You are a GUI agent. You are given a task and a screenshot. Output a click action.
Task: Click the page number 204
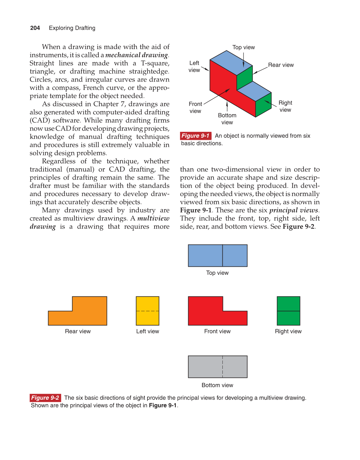pos(35,28)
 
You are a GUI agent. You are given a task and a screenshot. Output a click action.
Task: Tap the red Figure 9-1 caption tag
pos(196,136)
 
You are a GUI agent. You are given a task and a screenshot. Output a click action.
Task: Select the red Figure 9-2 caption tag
pos(45,398)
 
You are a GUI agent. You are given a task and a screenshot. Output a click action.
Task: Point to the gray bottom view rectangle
pos(217,367)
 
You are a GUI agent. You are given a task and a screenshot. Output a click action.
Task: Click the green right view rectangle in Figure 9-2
pos(288,311)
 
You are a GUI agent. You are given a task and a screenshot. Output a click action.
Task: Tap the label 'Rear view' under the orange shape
pos(78,331)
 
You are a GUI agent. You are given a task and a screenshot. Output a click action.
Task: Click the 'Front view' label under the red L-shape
pos(217,331)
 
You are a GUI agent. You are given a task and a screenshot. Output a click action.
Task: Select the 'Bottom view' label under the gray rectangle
pos(217,385)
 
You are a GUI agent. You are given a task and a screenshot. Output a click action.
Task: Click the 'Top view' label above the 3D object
pos(243,47)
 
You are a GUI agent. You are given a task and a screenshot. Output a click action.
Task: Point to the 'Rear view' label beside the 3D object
pos(281,65)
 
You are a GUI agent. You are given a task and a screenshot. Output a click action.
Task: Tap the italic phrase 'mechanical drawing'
pos(136,55)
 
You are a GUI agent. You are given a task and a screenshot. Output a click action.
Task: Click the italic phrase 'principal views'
pos(293,210)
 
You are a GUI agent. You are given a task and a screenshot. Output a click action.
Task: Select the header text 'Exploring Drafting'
pos(72,28)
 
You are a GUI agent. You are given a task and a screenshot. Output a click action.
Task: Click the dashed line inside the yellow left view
pos(147,311)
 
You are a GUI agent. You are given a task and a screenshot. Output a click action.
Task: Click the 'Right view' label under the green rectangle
pos(288,331)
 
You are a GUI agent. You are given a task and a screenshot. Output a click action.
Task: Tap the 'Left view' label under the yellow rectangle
pos(147,331)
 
